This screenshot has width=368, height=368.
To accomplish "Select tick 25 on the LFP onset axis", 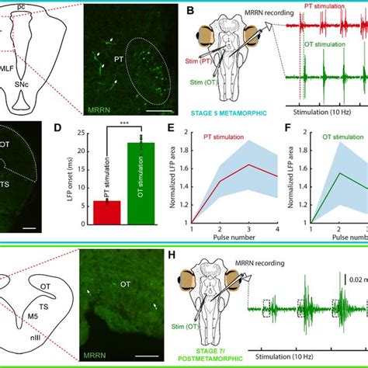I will pyautogui.click(x=87, y=134).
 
